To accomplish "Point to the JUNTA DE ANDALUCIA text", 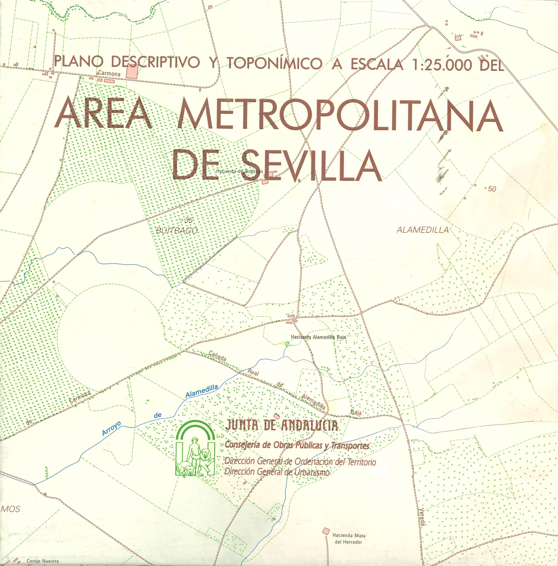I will pyautogui.click(x=281, y=425).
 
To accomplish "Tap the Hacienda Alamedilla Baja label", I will pyautogui.click(x=318, y=337).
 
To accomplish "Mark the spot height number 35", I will pyautogui.click(x=188, y=221).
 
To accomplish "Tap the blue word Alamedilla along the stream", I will pyautogui.click(x=202, y=391).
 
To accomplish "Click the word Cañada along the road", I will pyautogui.click(x=217, y=357).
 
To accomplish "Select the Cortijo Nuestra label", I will pyautogui.click(x=42, y=561).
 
